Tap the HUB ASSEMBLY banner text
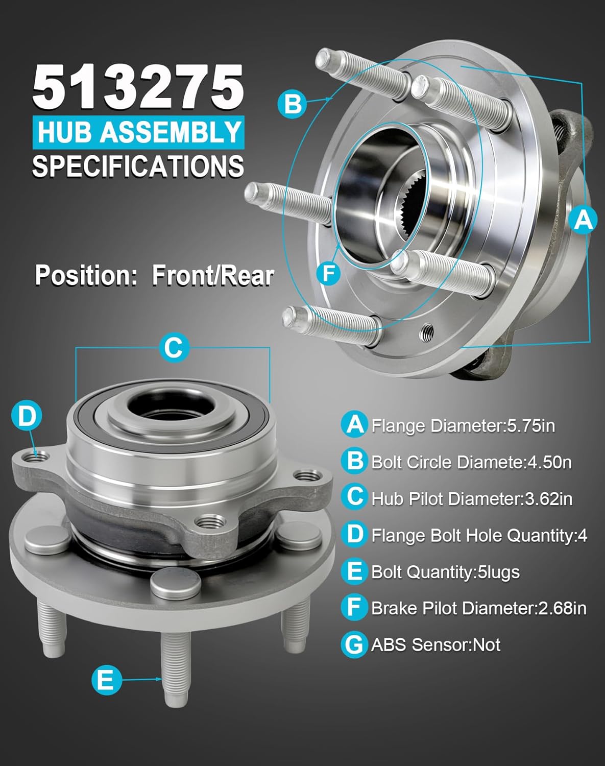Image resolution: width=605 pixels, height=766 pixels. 138,132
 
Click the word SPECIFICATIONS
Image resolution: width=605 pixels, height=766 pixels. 138,166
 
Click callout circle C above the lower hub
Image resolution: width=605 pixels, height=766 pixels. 174,348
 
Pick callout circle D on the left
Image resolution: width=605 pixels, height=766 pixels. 26,416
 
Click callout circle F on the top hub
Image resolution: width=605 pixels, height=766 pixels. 329,273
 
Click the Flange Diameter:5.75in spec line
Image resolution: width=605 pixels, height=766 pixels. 463,425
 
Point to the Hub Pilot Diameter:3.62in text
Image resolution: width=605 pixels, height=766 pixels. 471,498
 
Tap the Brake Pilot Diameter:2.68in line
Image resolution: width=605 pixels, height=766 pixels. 478,608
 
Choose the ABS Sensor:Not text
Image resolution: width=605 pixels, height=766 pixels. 435,645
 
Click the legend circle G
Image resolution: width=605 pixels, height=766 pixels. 354,645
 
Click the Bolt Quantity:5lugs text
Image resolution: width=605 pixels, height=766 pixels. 445,572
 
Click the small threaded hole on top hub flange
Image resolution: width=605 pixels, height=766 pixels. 427,333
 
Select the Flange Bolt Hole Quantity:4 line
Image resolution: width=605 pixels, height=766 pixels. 479,535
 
